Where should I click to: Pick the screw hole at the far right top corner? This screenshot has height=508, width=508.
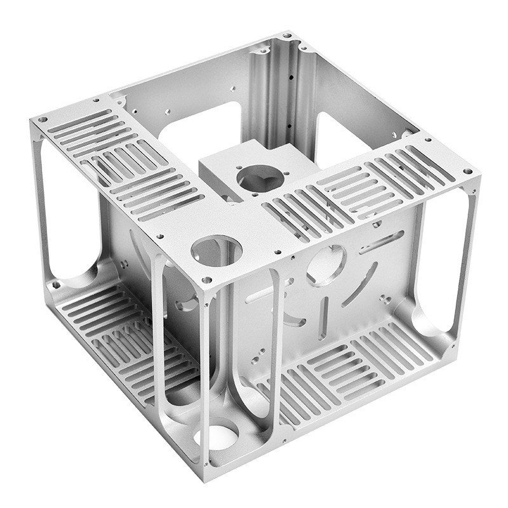coord(467,171)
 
